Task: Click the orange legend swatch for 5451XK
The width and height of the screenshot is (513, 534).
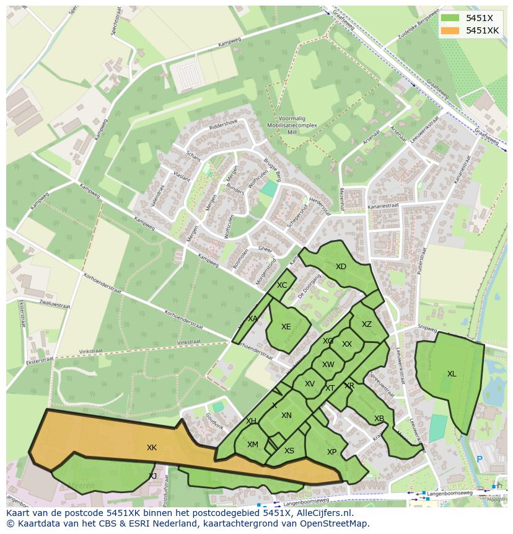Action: click(x=450, y=30)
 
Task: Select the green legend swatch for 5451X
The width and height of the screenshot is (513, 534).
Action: click(x=450, y=18)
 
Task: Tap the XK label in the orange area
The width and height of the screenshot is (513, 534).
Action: click(x=152, y=447)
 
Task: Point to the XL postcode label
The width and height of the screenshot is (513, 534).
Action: click(x=452, y=374)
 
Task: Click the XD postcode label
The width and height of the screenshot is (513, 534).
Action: click(x=341, y=267)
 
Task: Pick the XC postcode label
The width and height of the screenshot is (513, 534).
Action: click(x=282, y=285)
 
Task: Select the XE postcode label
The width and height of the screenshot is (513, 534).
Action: click(x=286, y=327)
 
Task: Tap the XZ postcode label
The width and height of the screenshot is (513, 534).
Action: click(x=367, y=324)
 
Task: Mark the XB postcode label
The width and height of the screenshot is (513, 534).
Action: click(x=379, y=419)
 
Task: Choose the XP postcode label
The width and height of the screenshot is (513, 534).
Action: click(x=331, y=452)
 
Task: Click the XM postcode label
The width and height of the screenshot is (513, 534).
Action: click(x=253, y=445)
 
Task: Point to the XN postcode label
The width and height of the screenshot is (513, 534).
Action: click(x=286, y=416)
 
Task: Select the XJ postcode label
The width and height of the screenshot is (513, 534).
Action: click(x=152, y=476)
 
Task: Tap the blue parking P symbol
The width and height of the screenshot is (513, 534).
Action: click(x=479, y=460)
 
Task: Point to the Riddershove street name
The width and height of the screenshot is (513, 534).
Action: click(x=224, y=123)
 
